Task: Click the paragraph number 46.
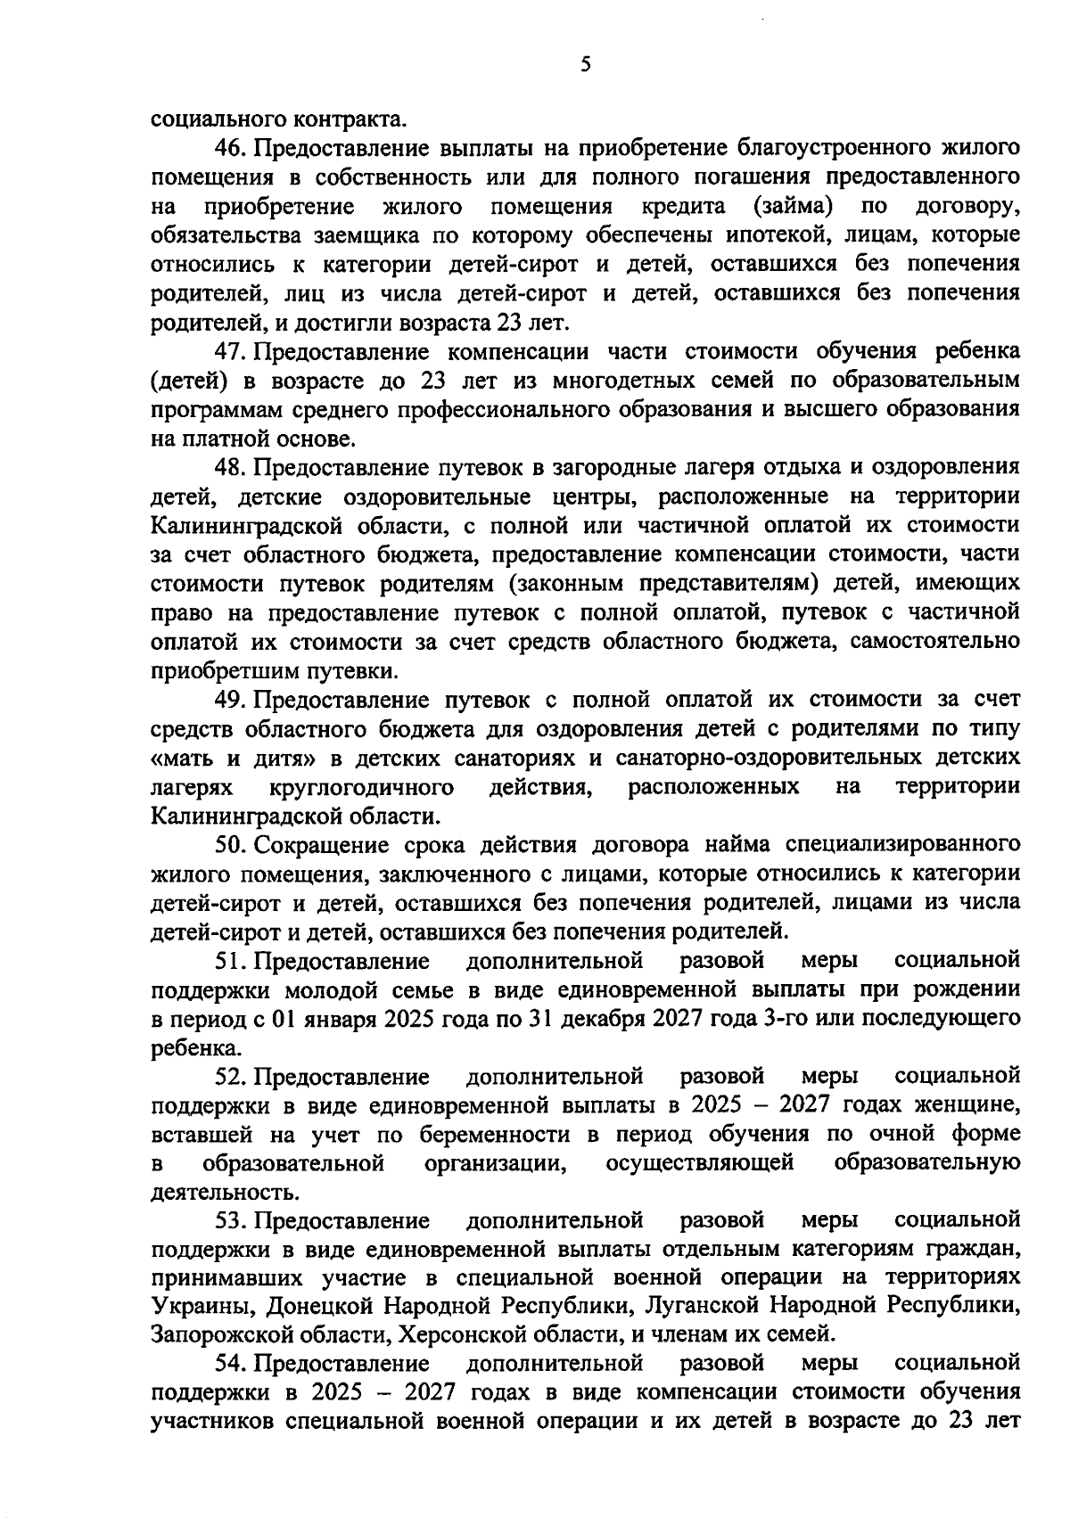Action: click(x=231, y=147)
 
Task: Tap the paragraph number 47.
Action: click(x=231, y=351)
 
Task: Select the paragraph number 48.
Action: click(x=231, y=467)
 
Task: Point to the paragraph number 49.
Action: click(x=231, y=700)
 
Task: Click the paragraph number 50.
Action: click(x=231, y=845)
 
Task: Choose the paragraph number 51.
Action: click(x=231, y=961)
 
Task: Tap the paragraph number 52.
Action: click(x=231, y=1077)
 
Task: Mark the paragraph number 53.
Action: click(x=231, y=1219)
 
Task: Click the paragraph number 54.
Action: click(x=231, y=1364)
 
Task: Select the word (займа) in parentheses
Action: click(x=794, y=207)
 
